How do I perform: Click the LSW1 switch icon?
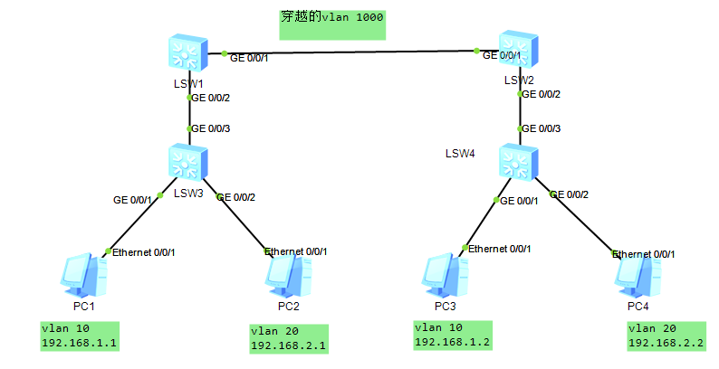click(188, 55)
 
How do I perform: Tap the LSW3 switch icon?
click(188, 164)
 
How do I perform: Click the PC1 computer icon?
click(84, 276)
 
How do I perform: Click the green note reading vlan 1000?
click(332, 24)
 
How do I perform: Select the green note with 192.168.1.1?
click(81, 336)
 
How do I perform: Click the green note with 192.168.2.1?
click(289, 338)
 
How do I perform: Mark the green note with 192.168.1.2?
click(451, 335)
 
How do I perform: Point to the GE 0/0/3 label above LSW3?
click(211, 128)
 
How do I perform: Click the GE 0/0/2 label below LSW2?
click(541, 95)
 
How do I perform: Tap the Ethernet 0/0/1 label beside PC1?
click(143, 252)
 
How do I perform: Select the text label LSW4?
click(460, 153)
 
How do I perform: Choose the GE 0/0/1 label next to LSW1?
click(249, 58)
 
